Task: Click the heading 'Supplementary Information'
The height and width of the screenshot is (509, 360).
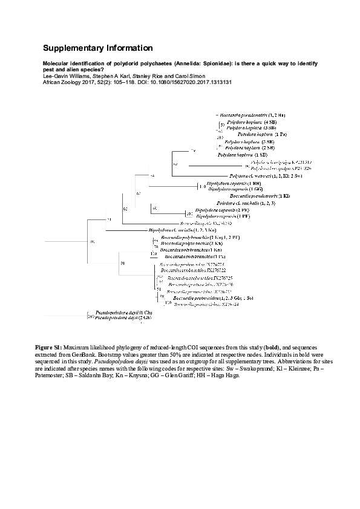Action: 97,48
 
